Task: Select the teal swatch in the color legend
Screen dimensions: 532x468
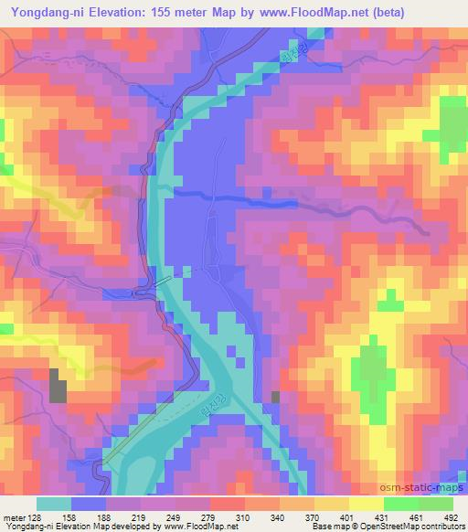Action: [54, 503]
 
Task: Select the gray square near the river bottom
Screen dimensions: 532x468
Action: [276, 396]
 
